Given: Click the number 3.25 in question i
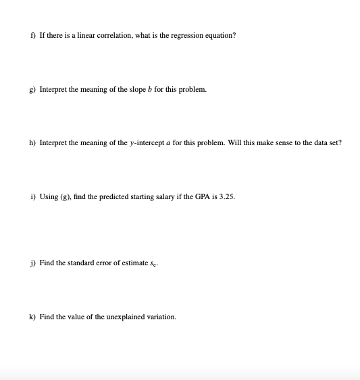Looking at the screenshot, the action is (x=226, y=197).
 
